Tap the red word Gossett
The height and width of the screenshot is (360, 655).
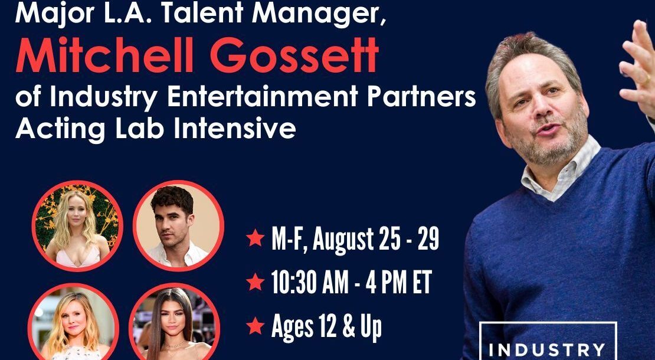(294, 55)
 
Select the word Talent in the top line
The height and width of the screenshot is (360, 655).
(204, 12)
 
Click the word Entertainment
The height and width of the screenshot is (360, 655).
(263, 97)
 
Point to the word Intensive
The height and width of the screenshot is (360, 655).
(234, 129)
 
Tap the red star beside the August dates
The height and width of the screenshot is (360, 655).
(255, 238)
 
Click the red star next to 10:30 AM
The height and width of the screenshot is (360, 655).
(255, 282)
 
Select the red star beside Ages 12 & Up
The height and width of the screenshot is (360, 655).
(255, 326)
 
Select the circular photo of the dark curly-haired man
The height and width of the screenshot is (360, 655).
(178, 226)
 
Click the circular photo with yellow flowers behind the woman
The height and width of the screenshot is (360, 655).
(77, 226)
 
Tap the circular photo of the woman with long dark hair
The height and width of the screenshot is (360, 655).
(175, 322)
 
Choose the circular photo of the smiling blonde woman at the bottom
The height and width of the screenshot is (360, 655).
(74, 322)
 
